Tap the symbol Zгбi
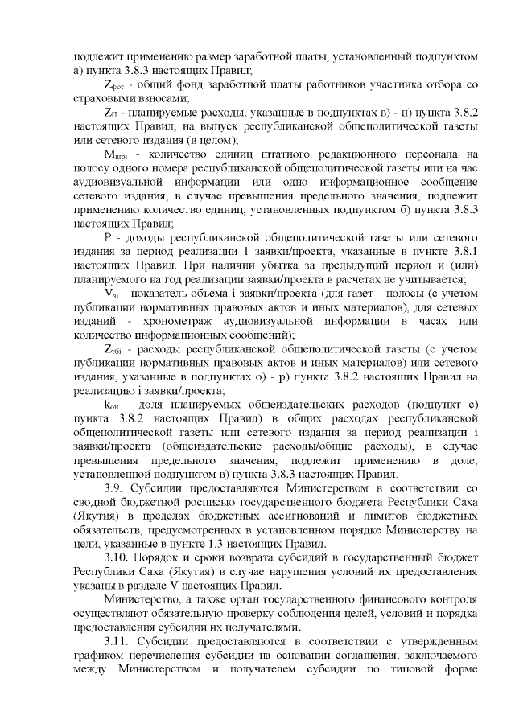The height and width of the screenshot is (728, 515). click(x=116, y=349)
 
